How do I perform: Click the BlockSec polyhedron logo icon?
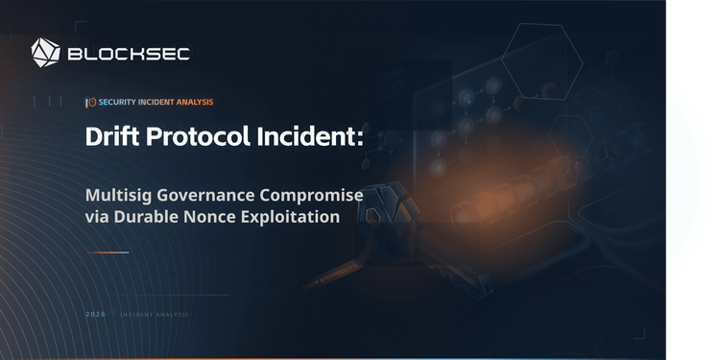46,52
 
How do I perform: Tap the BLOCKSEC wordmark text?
129,54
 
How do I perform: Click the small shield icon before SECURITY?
91,102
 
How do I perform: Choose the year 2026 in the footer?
95,315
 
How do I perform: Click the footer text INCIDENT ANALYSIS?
155,315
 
